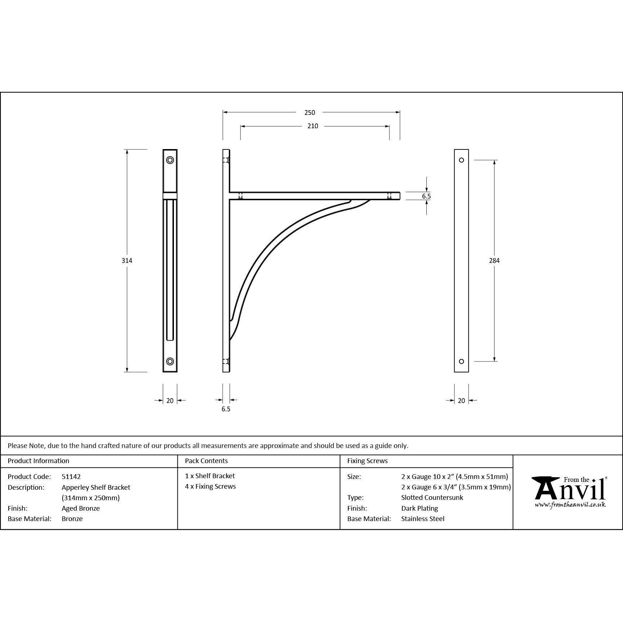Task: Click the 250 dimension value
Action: [309, 113]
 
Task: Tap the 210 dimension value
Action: [313, 126]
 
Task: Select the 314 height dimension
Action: [127, 261]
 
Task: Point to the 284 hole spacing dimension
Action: [494, 261]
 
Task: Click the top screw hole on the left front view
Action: [170, 160]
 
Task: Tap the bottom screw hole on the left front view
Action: [170, 361]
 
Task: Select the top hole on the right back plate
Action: [461, 160]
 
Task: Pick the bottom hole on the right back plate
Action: [461, 361]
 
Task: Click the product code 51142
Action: [71, 476]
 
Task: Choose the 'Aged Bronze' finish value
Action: [81, 508]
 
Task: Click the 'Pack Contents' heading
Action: [206, 461]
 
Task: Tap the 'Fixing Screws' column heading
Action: [367, 461]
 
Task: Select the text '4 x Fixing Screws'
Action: [210, 487]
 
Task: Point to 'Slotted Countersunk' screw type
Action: [432, 497]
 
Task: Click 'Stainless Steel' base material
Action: [423, 519]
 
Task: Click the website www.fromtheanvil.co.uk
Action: [570, 505]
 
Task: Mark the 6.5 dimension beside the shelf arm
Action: [426, 196]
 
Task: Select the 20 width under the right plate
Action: [461, 400]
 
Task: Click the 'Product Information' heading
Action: [39, 461]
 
